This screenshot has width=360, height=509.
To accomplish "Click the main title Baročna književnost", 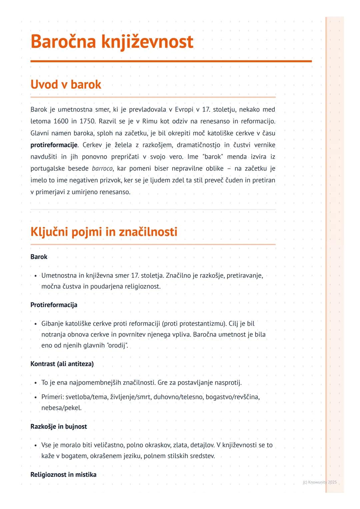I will (112, 42).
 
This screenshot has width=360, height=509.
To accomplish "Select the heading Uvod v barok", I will (66, 85).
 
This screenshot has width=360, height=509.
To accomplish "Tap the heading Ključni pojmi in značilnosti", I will (104, 232).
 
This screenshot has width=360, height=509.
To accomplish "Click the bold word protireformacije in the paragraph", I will (54, 145).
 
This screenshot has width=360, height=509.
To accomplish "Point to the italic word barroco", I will (102, 169).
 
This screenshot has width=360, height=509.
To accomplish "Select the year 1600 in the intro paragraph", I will (61, 121).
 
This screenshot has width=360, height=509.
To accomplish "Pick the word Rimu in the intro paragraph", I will (149, 121).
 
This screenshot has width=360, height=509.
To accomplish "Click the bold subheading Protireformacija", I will (54, 305).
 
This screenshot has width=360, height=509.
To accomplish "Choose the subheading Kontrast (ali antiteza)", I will (62, 364).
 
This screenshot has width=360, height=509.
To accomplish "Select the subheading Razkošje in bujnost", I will (59, 427).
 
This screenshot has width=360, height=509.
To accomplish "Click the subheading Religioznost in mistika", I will (63, 475).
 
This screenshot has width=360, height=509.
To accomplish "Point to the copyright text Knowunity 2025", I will (320, 482).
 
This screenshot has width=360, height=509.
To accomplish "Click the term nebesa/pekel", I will (61, 408).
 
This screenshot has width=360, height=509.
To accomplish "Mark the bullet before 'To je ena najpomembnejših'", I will (35, 383).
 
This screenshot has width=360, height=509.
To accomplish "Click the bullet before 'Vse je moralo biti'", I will (35, 446).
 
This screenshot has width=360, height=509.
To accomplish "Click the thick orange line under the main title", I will (171, 61).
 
